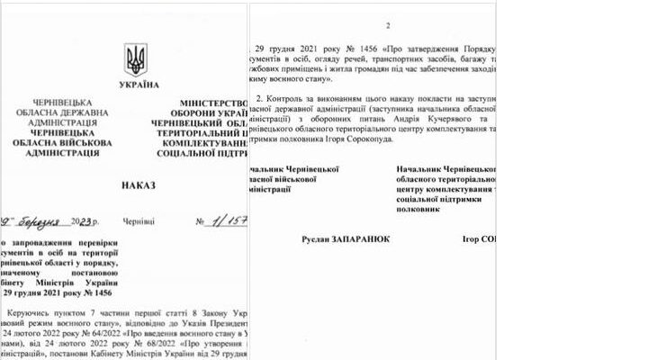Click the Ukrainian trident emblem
pyautogui.click(x=136, y=59)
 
